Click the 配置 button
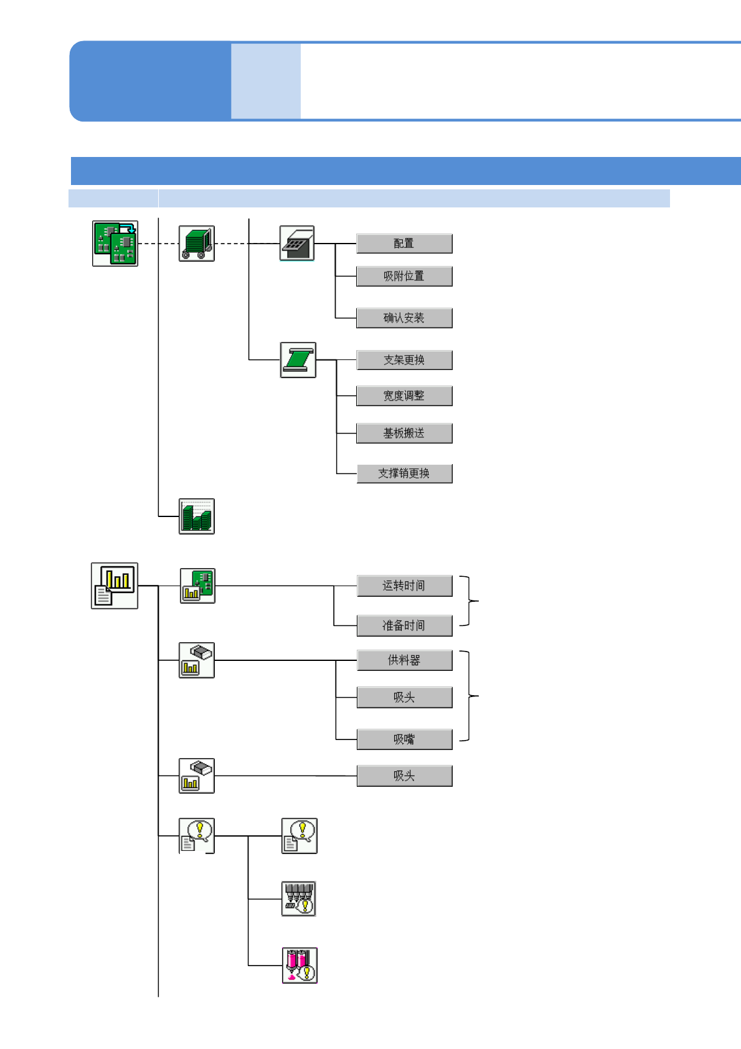pos(404,244)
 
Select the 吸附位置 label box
pos(404,276)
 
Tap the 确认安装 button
pos(404,318)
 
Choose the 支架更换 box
pos(404,360)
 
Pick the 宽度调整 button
pos(404,396)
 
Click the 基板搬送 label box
pos(404,433)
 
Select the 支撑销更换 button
pos(404,473)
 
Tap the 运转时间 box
pos(404,586)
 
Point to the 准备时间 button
pos(404,625)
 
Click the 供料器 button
pos(404,660)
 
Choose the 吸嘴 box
pos(404,739)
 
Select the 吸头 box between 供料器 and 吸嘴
pos(404,698)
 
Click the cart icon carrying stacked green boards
pos(197,244)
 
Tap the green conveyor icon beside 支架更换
pos(298,360)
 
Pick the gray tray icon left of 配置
pos(297,244)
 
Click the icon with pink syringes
pos(300,966)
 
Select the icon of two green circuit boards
pos(115,244)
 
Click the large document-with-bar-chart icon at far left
pos(115,586)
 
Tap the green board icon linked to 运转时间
pos(197,586)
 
